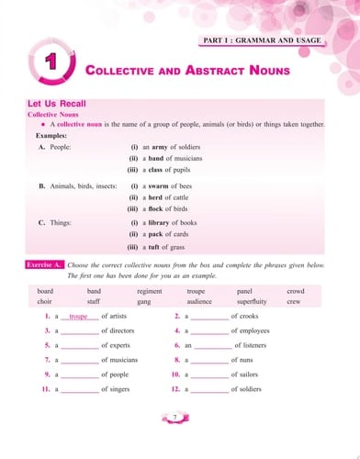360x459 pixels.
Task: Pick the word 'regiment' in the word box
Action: click(x=149, y=290)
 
